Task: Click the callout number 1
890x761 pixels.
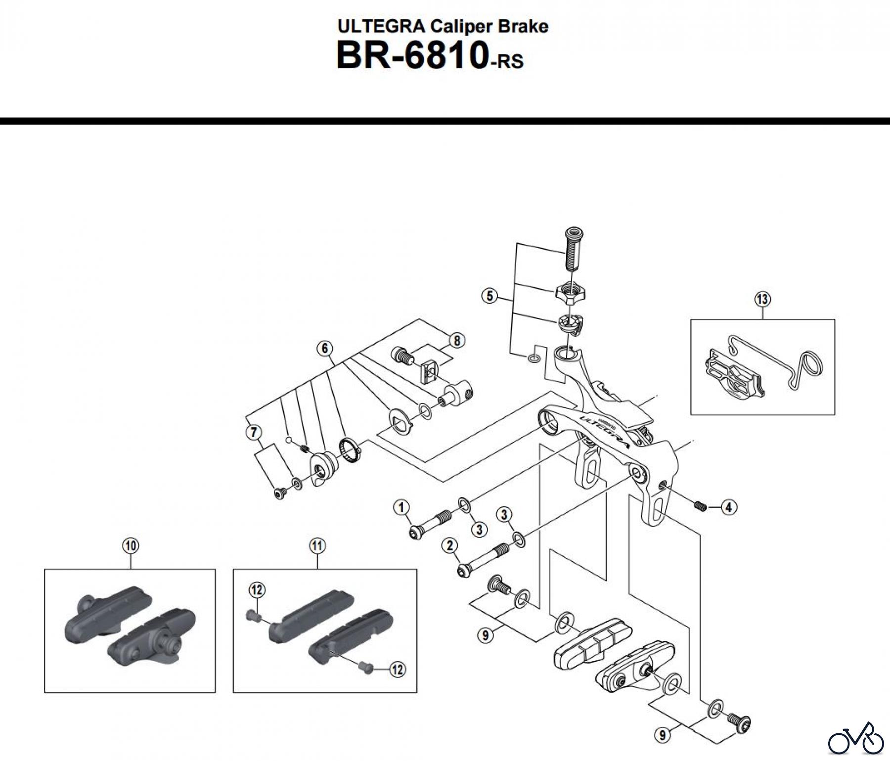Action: [x=401, y=507]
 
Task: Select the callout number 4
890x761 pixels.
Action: [x=728, y=507]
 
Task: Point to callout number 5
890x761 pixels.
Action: [x=489, y=296]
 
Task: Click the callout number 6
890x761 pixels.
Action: [x=325, y=348]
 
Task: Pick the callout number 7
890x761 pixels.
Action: [x=254, y=433]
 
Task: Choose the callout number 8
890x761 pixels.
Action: [x=457, y=340]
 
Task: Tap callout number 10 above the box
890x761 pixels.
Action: [x=131, y=546]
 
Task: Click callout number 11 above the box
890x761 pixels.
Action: [x=317, y=546]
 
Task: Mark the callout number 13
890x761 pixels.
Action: [x=762, y=299]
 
